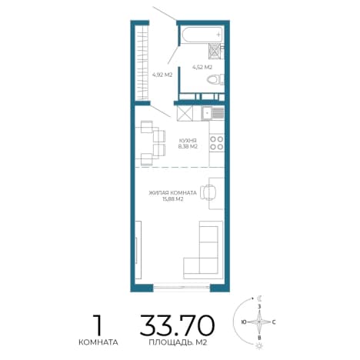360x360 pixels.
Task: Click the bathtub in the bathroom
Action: click(x=202, y=34)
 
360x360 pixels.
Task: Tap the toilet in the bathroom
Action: click(x=215, y=79)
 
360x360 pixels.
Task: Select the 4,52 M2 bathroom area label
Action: click(x=202, y=68)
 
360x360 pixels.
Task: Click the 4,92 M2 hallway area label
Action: click(x=162, y=75)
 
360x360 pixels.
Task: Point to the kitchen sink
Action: click(x=212, y=113)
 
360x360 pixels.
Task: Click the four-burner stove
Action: click(x=217, y=143)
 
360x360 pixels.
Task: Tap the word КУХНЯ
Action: click(x=188, y=141)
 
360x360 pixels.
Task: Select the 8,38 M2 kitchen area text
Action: click(x=188, y=147)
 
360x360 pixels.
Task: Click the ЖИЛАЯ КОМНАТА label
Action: click(x=172, y=193)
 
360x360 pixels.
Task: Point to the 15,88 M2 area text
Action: click(x=173, y=199)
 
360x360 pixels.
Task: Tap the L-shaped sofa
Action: click(x=203, y=250)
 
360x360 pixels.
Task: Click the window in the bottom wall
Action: click(x=182, y=288)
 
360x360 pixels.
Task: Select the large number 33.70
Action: click(x=177, y=325)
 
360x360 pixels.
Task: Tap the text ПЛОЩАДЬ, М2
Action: click(x=178, y=342)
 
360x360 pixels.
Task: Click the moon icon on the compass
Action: click(x=260, y=298)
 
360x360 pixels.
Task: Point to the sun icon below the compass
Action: click(x=259, y=346)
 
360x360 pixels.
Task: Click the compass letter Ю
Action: click(x=244, y=322)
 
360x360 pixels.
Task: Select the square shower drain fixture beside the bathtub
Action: click(x=215, y=51)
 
